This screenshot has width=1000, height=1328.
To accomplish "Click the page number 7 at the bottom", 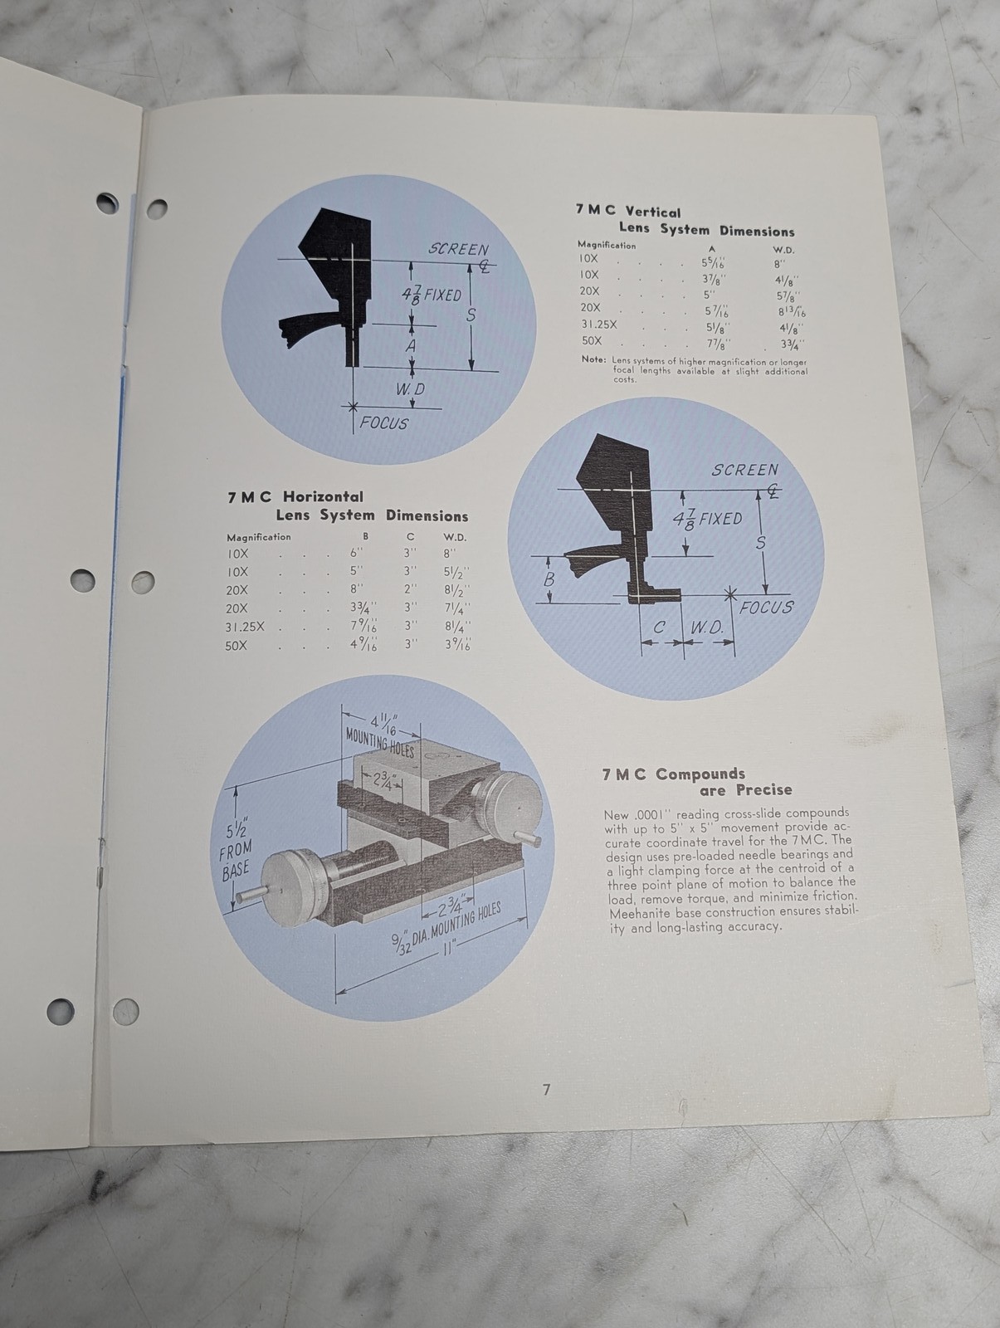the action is coord(546,1090).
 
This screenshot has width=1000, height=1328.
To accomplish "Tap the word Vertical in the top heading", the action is coord(653,212).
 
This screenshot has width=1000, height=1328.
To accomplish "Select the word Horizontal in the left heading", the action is coord(323,496).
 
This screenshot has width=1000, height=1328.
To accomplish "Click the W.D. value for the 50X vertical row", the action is coord(792,345).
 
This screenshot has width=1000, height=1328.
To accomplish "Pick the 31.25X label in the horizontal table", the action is coord(245,627).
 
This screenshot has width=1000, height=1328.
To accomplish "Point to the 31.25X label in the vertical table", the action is coord(599,325).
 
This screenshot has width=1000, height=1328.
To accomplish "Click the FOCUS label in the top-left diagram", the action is coord(384,423).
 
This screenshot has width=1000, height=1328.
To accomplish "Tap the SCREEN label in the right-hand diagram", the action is coord(744,470).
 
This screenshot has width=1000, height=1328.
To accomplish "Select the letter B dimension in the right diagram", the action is coord(549,579).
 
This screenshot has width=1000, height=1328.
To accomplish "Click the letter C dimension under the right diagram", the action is coord(660,628).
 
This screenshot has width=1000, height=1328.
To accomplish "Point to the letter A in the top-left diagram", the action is coord(412,346).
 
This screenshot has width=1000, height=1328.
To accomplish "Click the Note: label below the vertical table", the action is coord(593,359).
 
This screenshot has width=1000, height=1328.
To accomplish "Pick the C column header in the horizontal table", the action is coord(410,537).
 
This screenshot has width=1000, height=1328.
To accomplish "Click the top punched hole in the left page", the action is coord(107,203).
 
